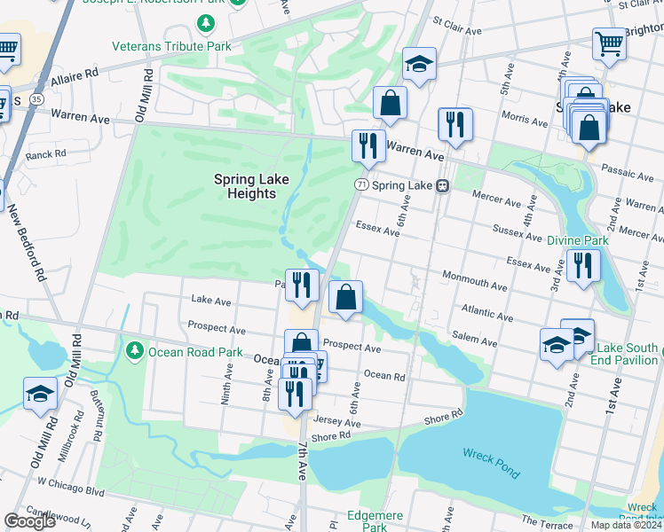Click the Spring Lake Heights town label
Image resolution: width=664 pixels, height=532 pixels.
tap(251, 186)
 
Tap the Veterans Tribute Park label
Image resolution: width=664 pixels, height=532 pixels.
tap(171, 46)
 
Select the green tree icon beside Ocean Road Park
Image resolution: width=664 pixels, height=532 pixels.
tap(134, 352)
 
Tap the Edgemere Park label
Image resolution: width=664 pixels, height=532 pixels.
tap(375, 520)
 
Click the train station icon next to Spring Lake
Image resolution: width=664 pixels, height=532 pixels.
tap(441, 185)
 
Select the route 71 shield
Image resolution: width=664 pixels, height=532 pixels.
tap(360, 184)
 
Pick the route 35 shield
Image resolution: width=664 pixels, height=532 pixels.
tap(37, 100)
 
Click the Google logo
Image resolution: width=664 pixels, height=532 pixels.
tap(29, 520)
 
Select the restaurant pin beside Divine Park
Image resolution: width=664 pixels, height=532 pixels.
tap(583, 265)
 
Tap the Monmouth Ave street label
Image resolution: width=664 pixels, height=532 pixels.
tap(475, 280)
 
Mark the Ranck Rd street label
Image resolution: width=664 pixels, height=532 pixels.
tap(46, 154)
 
